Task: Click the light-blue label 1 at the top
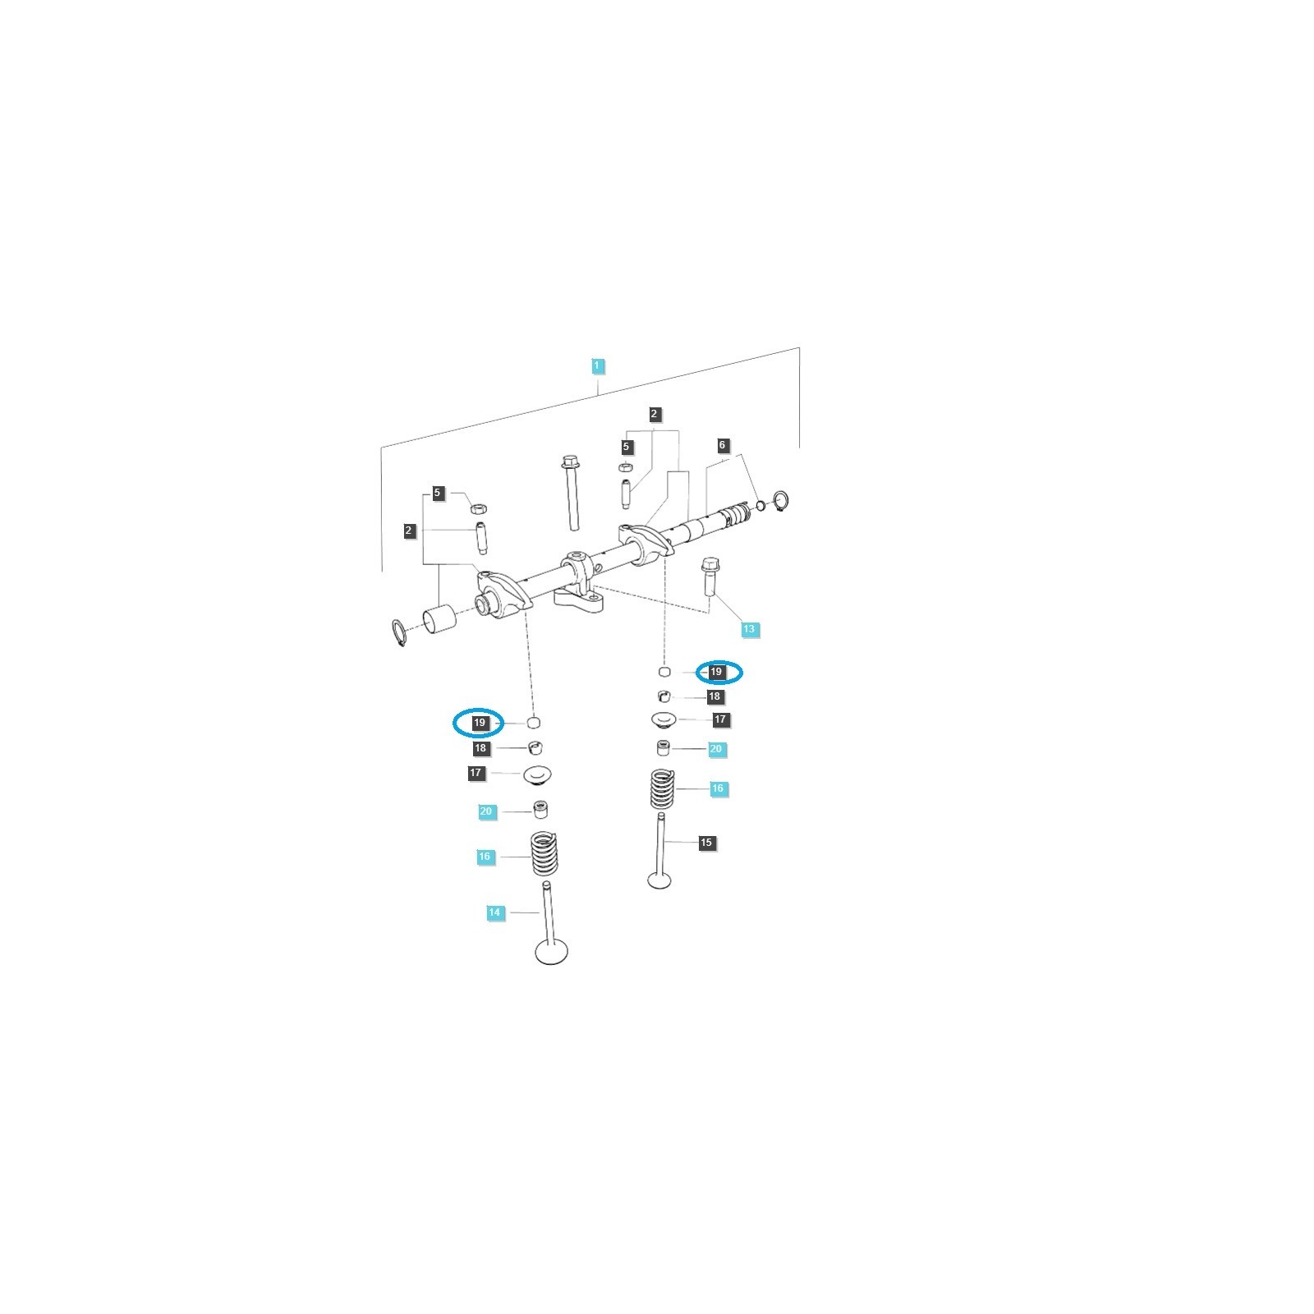coord(598,365)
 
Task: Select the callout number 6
coord(723,446)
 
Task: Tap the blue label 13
coord(748,630)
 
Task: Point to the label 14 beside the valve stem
coord(494,912)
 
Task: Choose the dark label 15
coord(706,843)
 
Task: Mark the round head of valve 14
coord(552,953)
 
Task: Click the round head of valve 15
coord(659,880)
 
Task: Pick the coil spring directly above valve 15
coord(663,788)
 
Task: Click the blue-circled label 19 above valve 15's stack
coord(717,672)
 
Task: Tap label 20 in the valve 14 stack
coord(486,811)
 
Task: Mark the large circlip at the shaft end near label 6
coord(781,500)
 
